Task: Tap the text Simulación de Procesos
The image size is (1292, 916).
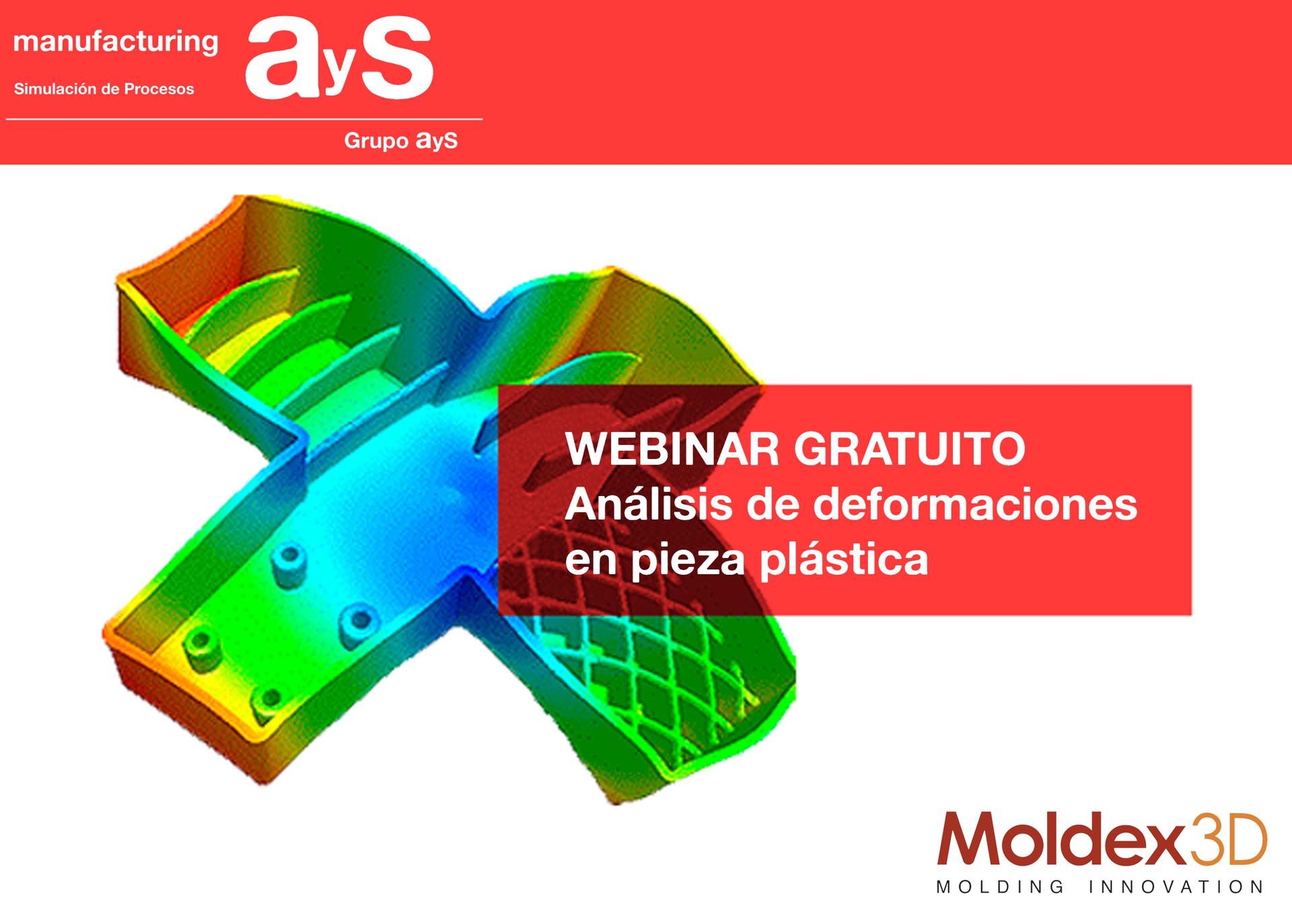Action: coord(104,89)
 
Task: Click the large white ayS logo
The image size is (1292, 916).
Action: coord(338,60)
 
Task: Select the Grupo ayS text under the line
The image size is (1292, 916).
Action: coord(401,141)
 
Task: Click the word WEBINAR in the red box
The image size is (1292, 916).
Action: coord(672,449)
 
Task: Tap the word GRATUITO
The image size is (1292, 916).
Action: coord(910,449)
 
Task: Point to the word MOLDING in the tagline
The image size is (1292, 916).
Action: coord(1000,886)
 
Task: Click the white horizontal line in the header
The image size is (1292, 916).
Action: coord(244,119)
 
